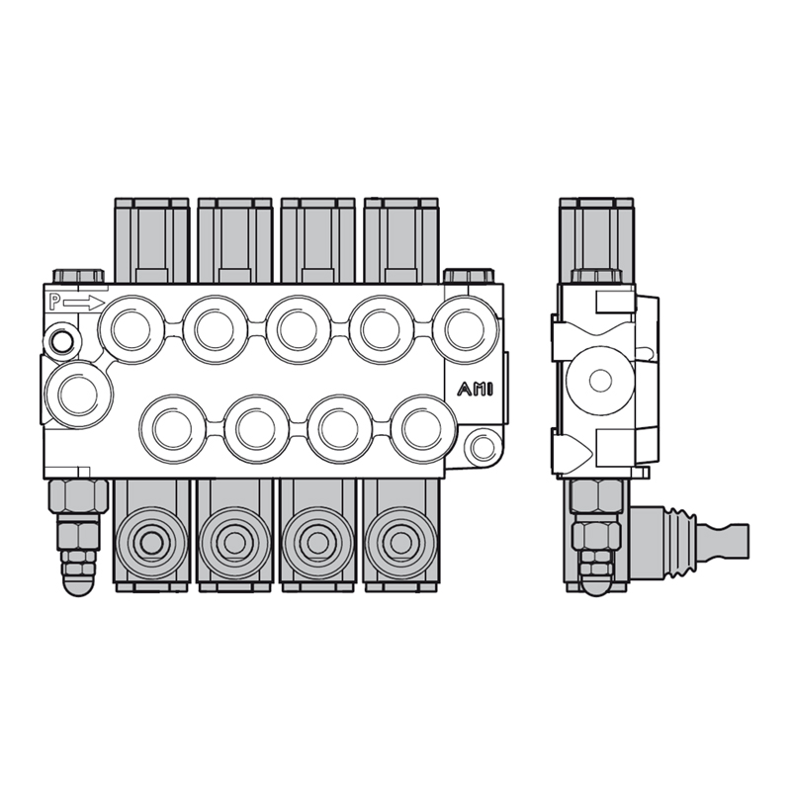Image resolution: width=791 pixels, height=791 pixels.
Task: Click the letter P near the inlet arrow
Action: pyautogui.click(x=54, y=303)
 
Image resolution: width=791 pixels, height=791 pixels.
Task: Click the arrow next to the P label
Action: pyautogui.click(x=84, y=304)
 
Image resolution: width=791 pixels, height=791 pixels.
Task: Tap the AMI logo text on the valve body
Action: pyautogui.click(x=476, y=390)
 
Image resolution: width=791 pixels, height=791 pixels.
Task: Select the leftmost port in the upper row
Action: pyautogui.click(x=132, y=329)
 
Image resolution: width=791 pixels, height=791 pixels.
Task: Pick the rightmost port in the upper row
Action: pyautogui.click(x=466, y=329)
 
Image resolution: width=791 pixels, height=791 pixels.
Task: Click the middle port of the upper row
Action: pyautogui.click(x=299, y=329)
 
